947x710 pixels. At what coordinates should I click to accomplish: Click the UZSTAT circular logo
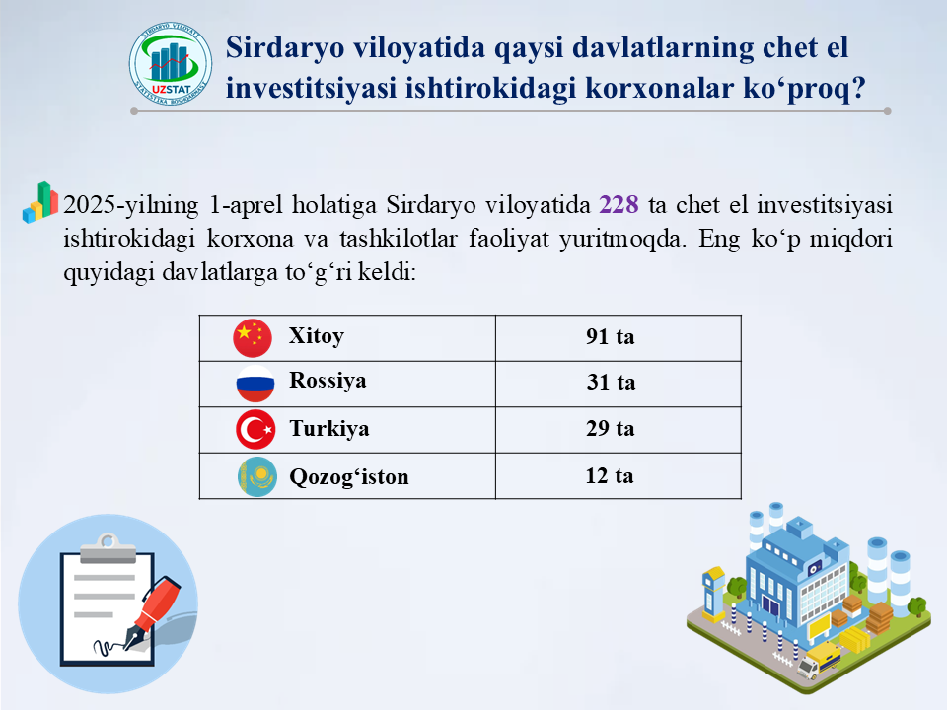pos(171,64)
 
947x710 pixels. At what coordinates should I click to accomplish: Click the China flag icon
pos(253,338)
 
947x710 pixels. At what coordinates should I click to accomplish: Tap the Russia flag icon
pos(255,384)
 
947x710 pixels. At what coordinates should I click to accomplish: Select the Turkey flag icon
pos(255,429)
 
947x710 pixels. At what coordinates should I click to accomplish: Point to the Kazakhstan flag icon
pos(257,477)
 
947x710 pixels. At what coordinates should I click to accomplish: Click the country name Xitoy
pos(317,336)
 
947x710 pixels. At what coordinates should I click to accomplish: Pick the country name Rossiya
pos(328,381)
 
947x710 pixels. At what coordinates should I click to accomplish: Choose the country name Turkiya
pos(329,428)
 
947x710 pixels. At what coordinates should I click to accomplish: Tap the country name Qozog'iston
pos(349,476)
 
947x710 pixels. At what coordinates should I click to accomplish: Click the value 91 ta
pos(610,336)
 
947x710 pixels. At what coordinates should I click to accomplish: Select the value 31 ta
pos(611,382)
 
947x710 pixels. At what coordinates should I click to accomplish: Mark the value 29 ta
pos(610,428)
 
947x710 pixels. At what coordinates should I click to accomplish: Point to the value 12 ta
pos(610,475)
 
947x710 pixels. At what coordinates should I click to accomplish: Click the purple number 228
pos(619,205)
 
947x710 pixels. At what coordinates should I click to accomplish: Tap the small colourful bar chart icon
pos(39,203)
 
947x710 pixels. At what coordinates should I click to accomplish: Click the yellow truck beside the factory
pos(819,660)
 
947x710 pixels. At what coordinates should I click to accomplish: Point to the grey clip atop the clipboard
pos(108,549)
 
